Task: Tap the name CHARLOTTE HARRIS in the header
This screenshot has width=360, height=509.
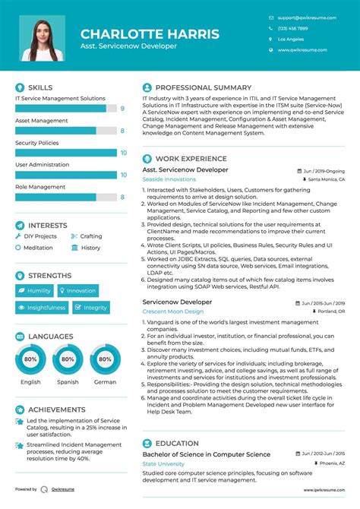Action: (x=150, y=34)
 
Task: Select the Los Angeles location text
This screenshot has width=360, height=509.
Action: (x=291, y=39)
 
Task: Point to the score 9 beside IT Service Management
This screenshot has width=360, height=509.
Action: (x=122, y=109)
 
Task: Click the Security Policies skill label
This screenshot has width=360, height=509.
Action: (x=36, y=143)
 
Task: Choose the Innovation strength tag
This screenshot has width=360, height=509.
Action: (x=77, y=290)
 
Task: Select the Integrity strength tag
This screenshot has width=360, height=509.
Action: (x=90, y=308)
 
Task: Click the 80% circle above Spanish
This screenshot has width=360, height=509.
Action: (x=68, y=359)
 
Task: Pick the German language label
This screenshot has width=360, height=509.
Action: (x=105, y=382)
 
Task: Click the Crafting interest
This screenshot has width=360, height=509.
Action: (x=91, y=236)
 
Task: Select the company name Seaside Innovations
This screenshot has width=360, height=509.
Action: (x=169, y=179)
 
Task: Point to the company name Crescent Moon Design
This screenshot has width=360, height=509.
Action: (x=173, y=311)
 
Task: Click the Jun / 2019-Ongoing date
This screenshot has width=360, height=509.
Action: (x=324, y=171)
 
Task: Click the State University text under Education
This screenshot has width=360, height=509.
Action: (x=163, y=463)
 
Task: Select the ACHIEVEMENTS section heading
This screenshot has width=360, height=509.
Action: (x=56, y=408)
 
